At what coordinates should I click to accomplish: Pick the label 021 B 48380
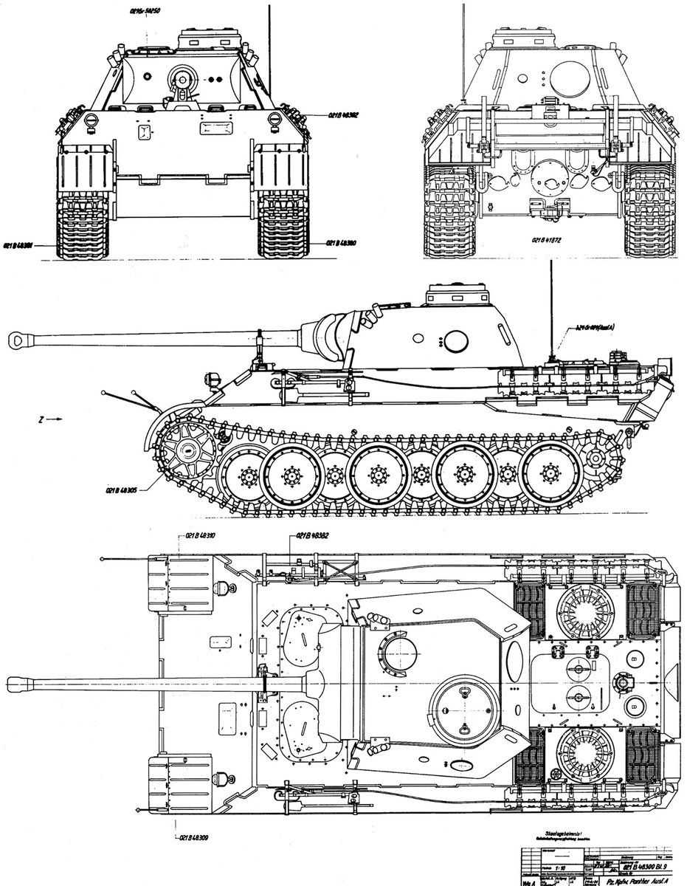(340, 243)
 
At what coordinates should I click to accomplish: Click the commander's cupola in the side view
(458, 295)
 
